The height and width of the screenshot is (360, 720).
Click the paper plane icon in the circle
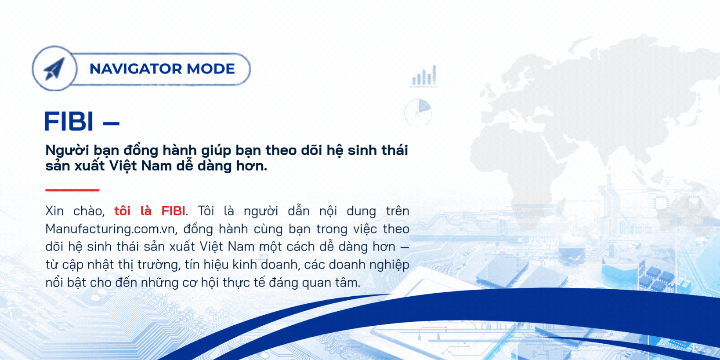(54, 69)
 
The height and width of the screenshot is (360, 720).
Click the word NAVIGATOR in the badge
(135, 69)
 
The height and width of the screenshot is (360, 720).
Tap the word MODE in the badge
(211, 69)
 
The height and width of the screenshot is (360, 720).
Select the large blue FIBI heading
(69, 121)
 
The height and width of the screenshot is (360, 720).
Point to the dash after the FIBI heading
(111, 123)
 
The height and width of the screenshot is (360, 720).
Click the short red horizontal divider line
(72, 190)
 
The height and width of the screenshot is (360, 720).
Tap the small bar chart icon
(424, 76)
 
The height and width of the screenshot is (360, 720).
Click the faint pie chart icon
(418, 113)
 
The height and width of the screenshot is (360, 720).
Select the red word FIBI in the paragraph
(173, 211)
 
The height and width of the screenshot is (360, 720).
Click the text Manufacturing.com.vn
(110, 229)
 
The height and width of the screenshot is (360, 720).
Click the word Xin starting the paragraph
(54, 211)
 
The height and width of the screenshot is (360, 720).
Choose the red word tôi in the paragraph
(123, 211)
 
